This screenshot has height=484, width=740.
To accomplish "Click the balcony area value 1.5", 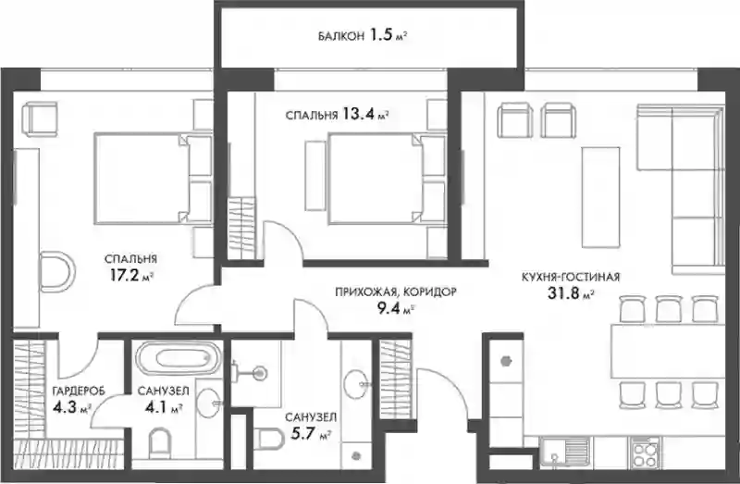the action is [381, 35].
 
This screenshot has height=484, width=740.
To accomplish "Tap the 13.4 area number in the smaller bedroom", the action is [359, 114].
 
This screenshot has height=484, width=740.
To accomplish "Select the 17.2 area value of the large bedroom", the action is [125, 275].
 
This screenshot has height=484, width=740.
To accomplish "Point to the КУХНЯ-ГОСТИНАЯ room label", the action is [571, 278].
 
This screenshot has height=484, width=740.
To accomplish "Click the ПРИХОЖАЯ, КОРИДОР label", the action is [396, 292].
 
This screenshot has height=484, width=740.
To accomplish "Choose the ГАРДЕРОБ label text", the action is [79, 391].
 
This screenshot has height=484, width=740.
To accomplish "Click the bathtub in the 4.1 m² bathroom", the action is [179, 358].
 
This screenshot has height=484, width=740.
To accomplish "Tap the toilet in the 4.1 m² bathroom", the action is [159, 444].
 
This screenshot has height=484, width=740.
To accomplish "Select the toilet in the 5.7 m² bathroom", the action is [269, 440].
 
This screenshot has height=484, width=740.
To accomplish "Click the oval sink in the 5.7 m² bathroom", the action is [356, 384].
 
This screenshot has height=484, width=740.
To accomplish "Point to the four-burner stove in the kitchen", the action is [645, 453].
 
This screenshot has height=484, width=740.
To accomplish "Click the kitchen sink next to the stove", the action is [565, 453].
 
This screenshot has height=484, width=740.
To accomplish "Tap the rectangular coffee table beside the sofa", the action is [600, 197].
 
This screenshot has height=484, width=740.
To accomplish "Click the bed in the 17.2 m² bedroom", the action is [154, 178].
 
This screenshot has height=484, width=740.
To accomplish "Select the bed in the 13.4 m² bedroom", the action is [387, 178].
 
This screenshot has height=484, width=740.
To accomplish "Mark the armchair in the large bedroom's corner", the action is [41, 119].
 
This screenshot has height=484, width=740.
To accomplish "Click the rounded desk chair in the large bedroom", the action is [56, 272].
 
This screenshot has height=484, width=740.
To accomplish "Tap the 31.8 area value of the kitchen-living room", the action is [563, 293].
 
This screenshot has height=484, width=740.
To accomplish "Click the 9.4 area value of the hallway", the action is [388, 309].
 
